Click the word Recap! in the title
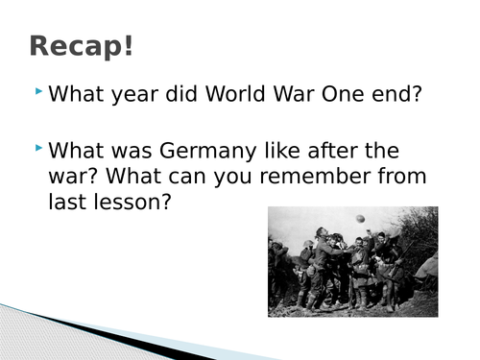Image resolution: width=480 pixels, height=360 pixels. point(82,45)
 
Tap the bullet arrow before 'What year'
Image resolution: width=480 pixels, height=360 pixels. point(37,92)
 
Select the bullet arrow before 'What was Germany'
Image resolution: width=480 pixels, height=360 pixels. point(37,149)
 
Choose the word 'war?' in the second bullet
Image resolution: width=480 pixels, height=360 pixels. point(74,178)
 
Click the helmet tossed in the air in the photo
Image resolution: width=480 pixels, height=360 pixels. point(360,219)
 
